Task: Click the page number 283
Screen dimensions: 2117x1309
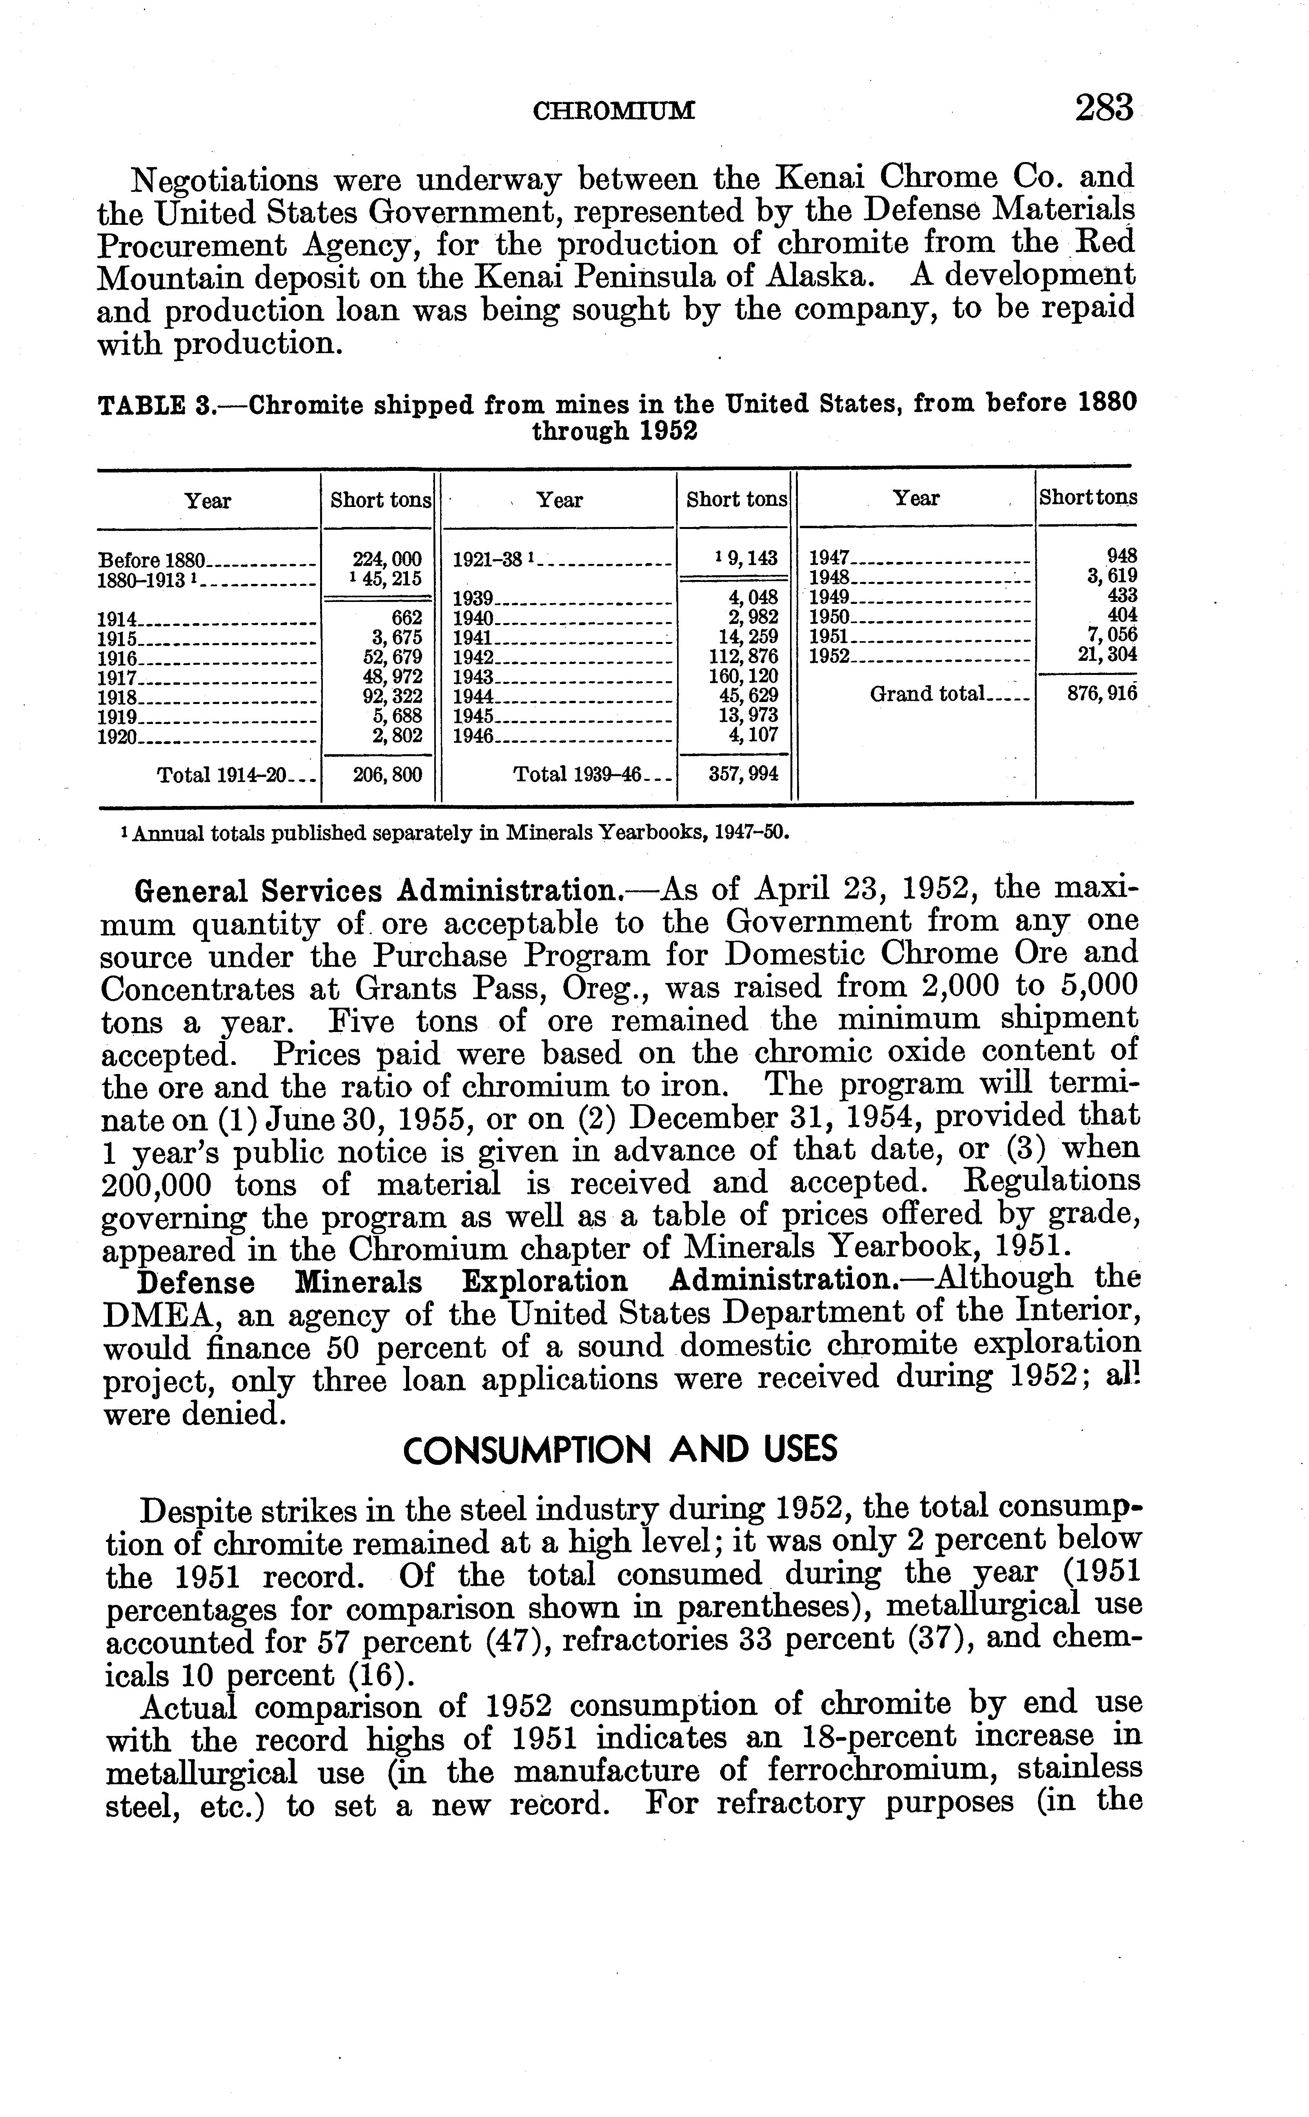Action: pos(1104,108)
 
